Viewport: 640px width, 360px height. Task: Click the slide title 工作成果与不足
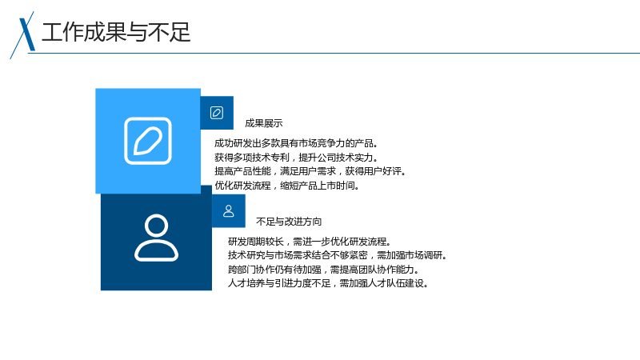tap(116, 32)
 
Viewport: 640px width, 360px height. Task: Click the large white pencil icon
tap(148, 141)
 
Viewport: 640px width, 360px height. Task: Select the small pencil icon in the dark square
tap(217, 113)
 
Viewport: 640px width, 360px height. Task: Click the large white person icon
tap(156, 238)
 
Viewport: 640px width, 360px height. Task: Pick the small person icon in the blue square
tap(229, 211)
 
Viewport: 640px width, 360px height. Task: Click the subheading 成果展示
tap(264, 123)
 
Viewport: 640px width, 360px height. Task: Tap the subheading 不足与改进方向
tap(289, 222)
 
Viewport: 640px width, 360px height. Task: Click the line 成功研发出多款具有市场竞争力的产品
tap(296, 143)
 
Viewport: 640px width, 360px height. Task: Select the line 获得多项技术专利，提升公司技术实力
tap(296, 158)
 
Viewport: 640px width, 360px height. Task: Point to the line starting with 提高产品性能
tap(310, 171)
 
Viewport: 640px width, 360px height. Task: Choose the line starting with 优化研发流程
tap(287, 186)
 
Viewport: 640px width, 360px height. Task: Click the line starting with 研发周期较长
tap(310, 242)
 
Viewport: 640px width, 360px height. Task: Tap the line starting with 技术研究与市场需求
tap(338, 255)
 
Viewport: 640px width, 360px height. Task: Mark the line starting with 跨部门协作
tap(324, 270)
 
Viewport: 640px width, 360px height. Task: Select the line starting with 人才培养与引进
tap(328, 283)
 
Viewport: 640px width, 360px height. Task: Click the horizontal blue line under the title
tap(334, 53)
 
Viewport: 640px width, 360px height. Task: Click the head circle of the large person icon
tap(156, 226)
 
